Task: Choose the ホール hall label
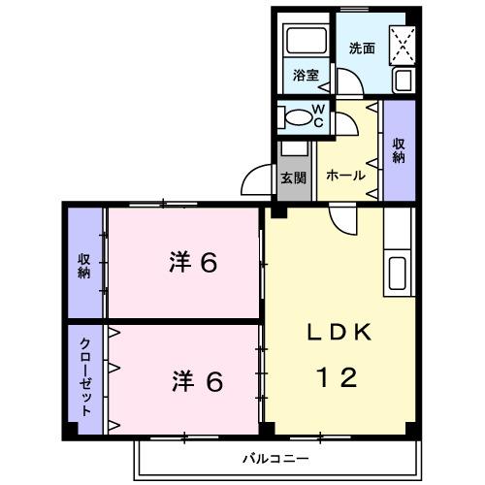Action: pos(345,176)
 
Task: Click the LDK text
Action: pos(339,333)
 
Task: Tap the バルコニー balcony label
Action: pos(276,457)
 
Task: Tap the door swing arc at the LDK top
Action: pos(343,221)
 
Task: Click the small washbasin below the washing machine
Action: pos(402,81)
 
